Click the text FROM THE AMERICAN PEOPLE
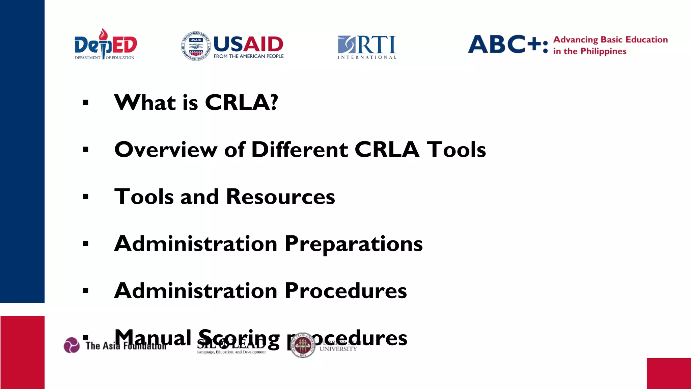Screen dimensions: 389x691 [248, 56]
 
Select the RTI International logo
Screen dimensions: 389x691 [367, 47]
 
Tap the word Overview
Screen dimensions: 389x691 [166, 150]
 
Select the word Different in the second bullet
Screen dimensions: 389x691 [300, 150]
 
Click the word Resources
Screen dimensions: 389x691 [280, 197]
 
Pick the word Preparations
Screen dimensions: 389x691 [353, 244]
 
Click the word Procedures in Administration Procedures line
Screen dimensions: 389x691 [345, 291]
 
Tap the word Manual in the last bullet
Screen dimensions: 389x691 [153, 338]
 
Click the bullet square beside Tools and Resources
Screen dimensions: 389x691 [86, 197]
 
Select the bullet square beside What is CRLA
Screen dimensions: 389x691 [86, 102]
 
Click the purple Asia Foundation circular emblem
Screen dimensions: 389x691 [72, 345]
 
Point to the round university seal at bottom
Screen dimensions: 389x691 [303, 345]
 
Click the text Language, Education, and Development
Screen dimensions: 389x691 [231, 352]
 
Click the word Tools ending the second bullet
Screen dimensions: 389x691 [456, 150]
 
